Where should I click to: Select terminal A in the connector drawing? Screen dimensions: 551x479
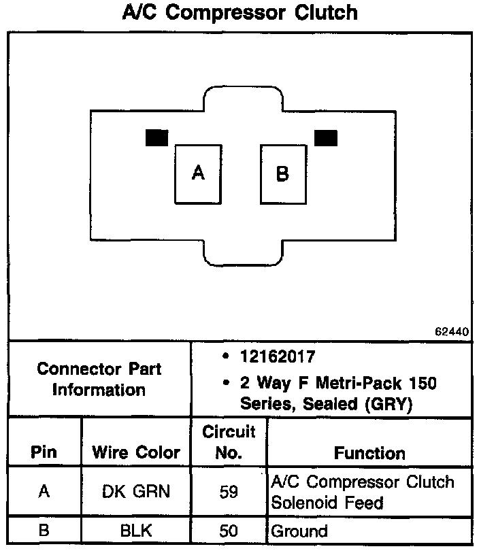pyautogui.click(x=198, y=173)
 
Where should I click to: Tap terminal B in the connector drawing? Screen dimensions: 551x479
pyautogui.click(x=282, y=174)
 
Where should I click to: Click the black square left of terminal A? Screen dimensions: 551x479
pyautogui.click(x=156, y=137)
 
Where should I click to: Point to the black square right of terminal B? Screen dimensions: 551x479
pyautogui.click(x=326, y=137)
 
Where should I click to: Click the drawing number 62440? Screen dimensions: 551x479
pyautogui.click(x=452, y=332)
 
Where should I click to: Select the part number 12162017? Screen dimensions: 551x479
pyautogui.click(x=278, y=356)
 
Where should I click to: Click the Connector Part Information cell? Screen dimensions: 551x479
pyautogui.click(x=99, y=380)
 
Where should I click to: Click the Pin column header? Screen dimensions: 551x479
pyautogui.click(x=44, y=453)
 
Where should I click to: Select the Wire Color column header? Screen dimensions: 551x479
pyautogui.click(x=136, y=453)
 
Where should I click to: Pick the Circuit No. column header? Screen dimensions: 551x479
pyautogui.click(x=229, y=442)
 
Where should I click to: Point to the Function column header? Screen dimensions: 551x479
pyautogui.click(x=369, y=453)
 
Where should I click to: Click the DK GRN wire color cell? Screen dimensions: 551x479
pyautogui.click(x=136, y=492)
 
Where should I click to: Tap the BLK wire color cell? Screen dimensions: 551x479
pyautogui.click(x=136, y=531)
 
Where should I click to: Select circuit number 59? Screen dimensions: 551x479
pyautogui.click(x=229, y=492)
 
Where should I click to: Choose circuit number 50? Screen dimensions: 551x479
pyautogui.click(x=229, y=531)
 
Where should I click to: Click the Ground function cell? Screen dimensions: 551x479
pyautogui.click(x=299, y=531)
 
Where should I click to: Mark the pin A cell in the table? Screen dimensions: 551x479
pyautogui.click(x=44, y=492)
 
